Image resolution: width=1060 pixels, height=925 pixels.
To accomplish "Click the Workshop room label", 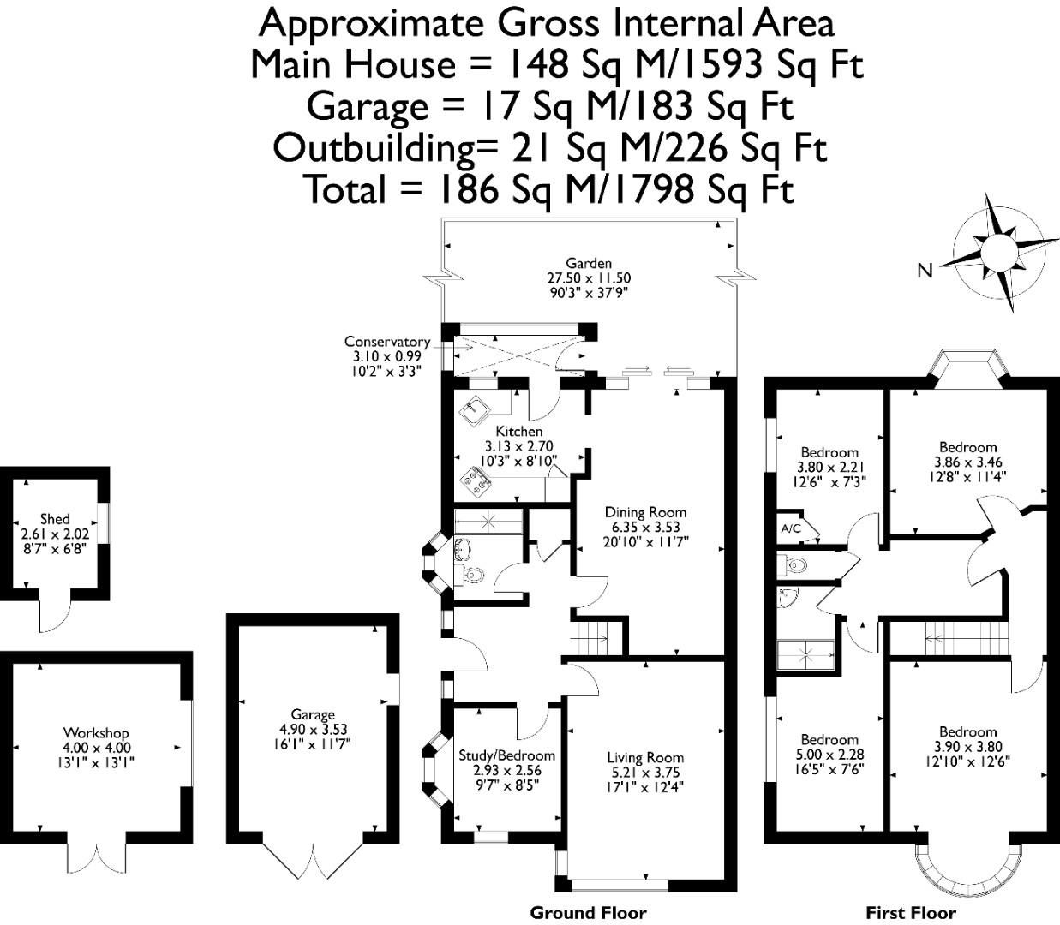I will pos(96,733).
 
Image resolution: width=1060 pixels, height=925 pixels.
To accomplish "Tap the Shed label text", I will pos(55,519).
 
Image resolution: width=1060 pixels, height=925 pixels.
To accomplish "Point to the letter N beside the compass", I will pos(925,272).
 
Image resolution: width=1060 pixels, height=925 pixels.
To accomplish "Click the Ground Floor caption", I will pos(588,912).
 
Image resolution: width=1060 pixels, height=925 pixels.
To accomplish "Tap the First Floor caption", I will pos(910,912).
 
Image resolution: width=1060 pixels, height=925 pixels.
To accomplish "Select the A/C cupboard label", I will pos(790,528).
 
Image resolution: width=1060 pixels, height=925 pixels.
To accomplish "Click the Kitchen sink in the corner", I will pos(473,411).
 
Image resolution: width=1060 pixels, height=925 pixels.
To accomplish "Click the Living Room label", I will pos(645,757).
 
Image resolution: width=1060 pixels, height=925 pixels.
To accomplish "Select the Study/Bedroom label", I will pos(506,755).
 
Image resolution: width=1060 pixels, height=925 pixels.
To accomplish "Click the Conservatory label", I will pos(386,342).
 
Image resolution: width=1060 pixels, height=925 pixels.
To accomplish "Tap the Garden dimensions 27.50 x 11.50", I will pos(589,278).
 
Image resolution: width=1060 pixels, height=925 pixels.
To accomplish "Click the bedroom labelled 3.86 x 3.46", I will pos(967,447).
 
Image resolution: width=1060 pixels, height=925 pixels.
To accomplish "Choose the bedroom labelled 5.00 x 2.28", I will pos(829,740).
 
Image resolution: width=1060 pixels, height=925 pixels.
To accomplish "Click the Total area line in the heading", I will pos(549,190).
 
